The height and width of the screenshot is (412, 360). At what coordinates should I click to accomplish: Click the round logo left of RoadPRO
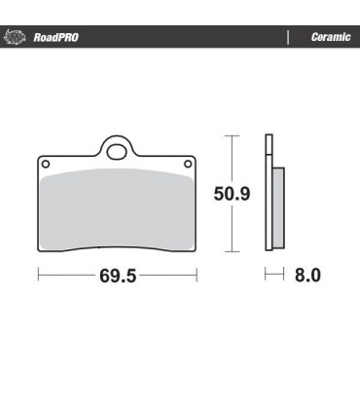pyautogui.click(x=16, y=37)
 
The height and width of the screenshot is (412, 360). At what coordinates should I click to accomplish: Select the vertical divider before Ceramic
pyautogui.click(x=287, y=37)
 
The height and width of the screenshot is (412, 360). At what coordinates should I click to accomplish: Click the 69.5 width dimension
pyautogui.click(x=116, y=276)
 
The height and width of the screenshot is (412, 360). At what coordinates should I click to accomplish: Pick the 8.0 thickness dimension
pyautogui.click(x=307, y=276)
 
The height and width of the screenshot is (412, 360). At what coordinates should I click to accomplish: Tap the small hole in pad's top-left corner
pyautogui.click(x=45, y=165)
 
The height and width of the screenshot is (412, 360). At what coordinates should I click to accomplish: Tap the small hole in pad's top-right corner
pyautogui.click(x=190, y=165)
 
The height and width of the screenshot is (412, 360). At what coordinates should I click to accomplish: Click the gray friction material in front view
pyautogui.click(x=117, y=209)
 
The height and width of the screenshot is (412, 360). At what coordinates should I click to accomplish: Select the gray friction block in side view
pyautogui.click(x=278, y=206)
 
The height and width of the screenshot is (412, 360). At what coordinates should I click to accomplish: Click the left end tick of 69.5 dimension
pyautogui.click(x=38, y=276)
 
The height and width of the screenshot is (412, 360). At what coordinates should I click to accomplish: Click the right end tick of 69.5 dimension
pyautogui.click(x=197, y=276)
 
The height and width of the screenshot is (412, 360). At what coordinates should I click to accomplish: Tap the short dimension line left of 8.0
pyautogui.click(x=273, y=276)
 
